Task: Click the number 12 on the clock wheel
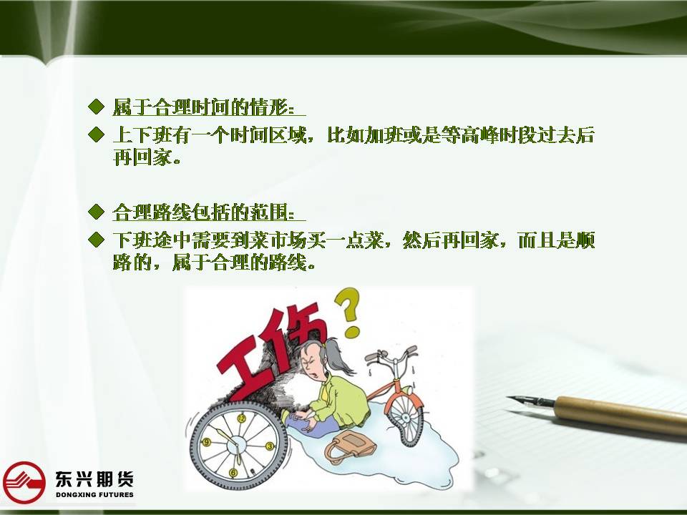click(x=241, y=418)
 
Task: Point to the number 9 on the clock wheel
click(x=207, y=442)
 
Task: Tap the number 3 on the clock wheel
click(x=269, y=446)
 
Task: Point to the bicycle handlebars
click(x=391, y=354)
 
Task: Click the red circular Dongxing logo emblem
click(x=24, y=482)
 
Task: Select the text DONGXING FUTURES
click(x=94, y=494)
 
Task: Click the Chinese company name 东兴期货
click(x=94, y=479)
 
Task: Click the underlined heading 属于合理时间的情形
click(x=204, y=107)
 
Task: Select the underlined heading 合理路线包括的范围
click(x=204, y=212)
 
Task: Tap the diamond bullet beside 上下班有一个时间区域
click(x=96, y=134)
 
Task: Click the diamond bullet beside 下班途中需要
click(x=96, y=240)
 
